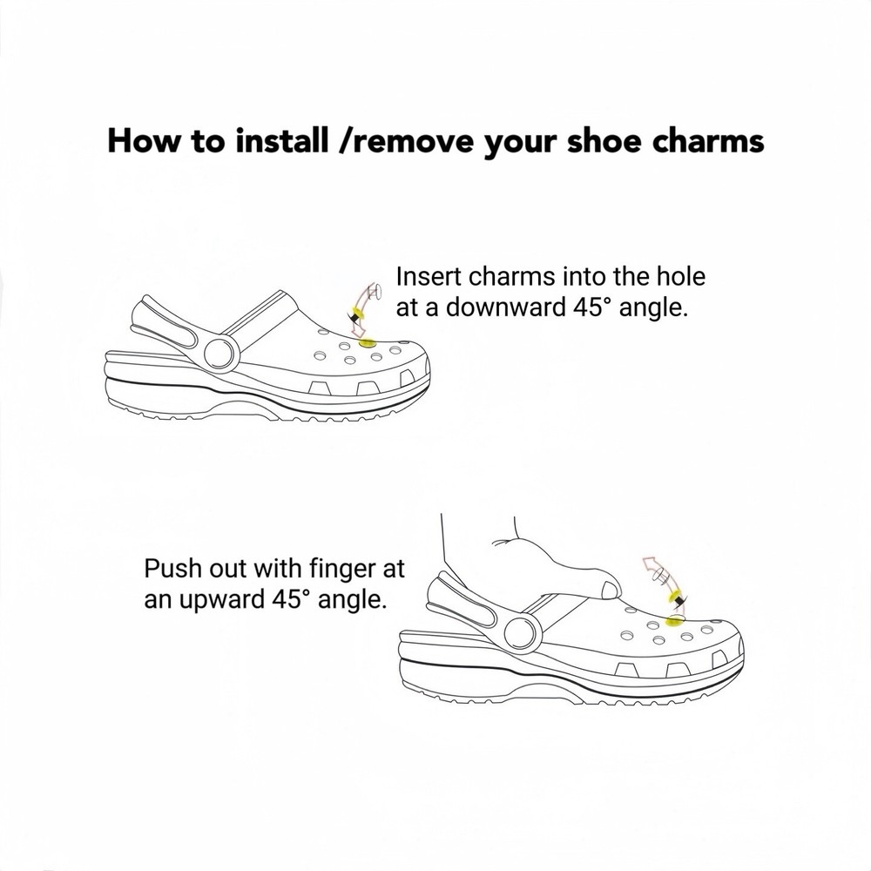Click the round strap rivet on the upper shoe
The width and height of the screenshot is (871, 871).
(222, 352)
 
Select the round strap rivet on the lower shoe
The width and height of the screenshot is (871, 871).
(520, 630)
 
